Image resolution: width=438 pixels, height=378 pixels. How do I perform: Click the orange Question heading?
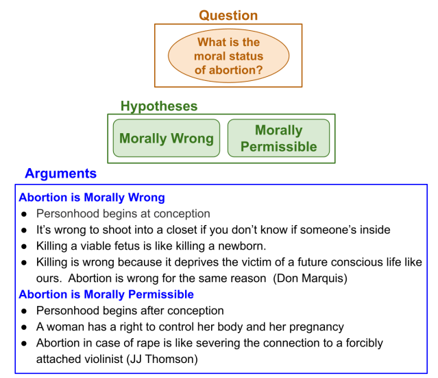228,15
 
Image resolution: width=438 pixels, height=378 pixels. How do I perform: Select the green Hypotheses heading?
158,106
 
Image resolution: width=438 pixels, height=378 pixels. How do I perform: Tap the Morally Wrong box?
167,139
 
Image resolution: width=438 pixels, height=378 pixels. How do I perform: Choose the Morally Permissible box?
278,139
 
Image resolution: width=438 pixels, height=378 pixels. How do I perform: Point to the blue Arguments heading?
60,174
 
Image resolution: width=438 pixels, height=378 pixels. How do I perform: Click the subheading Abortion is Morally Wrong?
91,198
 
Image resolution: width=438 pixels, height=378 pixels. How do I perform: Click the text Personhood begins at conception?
123,214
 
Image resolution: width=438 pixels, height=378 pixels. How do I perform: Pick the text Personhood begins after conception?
130,311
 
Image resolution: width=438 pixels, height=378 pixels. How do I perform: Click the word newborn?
244,246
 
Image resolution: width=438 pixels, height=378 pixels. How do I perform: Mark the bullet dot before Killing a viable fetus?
24,246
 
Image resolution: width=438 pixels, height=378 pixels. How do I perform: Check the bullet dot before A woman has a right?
24,327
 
